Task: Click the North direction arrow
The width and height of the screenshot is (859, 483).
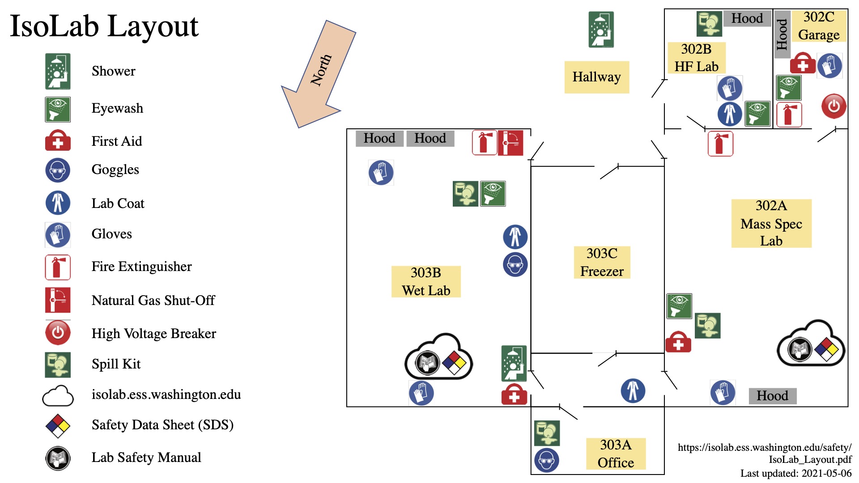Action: click(319, 74)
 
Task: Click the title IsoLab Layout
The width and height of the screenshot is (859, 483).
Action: click(104, 26)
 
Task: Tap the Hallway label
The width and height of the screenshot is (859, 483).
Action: click(596, 77)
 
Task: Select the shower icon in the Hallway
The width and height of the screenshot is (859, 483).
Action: click(601, 30)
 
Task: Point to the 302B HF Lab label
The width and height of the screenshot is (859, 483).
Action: click(696, 58)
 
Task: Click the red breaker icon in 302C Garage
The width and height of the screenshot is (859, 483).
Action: click(833, 106)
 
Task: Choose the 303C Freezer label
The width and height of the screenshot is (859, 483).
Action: click(602, 263)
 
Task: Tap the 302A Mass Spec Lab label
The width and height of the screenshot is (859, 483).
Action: click(771, 223)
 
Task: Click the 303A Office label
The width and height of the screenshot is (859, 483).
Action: click(616, 453)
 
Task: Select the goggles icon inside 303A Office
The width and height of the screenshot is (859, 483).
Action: click(546, 460)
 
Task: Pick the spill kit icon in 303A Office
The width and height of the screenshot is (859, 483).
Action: click(547, 433)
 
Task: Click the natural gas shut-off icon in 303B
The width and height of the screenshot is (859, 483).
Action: click(510, 143)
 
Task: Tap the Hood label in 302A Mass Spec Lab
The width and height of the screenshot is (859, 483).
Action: click(773, 396)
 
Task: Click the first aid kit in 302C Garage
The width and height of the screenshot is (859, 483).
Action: click(803, 64)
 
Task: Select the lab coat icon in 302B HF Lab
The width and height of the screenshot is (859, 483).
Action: click(730, 114)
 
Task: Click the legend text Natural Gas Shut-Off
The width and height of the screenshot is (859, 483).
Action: click(153, 300)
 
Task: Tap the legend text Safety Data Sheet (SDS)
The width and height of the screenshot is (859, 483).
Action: click(162, 424)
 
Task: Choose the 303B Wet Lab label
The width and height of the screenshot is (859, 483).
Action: click(426, 282)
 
